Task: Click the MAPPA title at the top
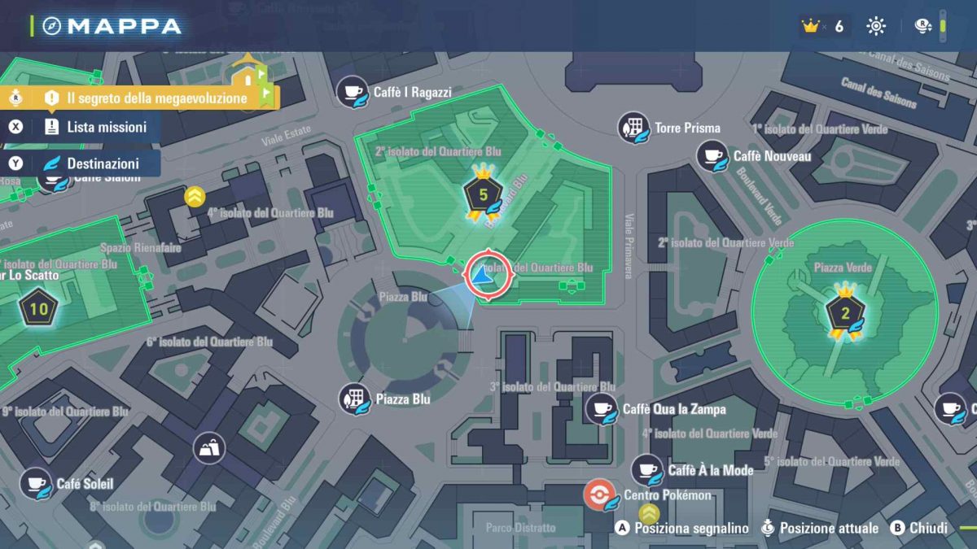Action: point(124,26)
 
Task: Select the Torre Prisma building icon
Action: point(633,128)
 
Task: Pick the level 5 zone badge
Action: point(484,194)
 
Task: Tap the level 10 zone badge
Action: point(38,309)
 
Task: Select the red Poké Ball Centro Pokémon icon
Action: point(599,495)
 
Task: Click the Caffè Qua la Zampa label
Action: point(673,409)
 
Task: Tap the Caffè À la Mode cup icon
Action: point(647,470)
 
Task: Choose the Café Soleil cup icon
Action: point(35,483)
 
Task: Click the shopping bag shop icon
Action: point(209,447)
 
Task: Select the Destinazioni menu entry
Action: point(103,163)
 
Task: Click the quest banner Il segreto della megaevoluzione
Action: point(156,98)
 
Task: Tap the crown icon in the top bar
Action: point(809,26)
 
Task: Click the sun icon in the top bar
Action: point(876,26)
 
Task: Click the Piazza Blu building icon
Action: point(355,399)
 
